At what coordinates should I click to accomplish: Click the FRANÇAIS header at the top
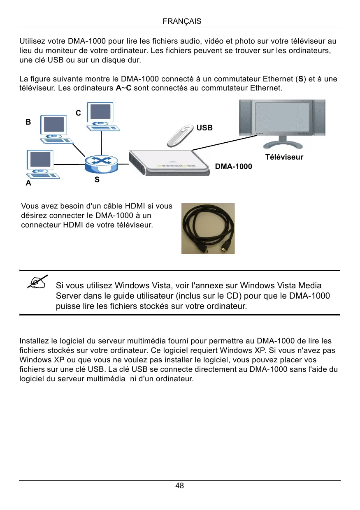[x=182, y=21]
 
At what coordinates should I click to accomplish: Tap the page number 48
[x=180, y=486]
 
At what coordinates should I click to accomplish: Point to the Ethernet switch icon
[x=101, y=164]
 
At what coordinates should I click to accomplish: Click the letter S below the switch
[x=97, y=180]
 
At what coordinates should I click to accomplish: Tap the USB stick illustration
[x=179, y=135]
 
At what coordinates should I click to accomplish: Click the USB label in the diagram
[x=204, y=128]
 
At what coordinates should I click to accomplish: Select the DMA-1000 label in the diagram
[x=233, y=167]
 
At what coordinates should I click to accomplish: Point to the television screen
[x=281, y=117]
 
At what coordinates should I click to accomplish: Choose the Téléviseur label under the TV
[x=284, y=157]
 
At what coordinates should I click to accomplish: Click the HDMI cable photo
[x=208, y=228]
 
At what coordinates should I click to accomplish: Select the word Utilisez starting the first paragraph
[x=33, y=42]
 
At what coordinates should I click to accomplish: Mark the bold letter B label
[x=28, y=122]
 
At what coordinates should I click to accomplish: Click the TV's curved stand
[x=283, y=144]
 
